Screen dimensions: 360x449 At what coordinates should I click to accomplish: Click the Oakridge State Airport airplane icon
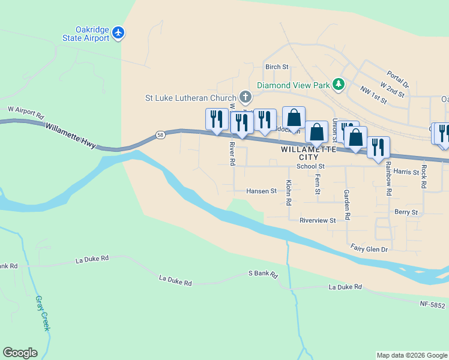point(119,32)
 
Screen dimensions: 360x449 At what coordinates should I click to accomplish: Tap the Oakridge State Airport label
point(86,34)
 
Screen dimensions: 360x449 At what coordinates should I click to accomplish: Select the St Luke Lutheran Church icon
point(245,97)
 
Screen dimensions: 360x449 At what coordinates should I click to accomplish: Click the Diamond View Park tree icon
point(339,85)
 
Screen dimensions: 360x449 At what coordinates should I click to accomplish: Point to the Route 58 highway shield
point(160,135)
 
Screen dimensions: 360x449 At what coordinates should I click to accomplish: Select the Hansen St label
point(261,191)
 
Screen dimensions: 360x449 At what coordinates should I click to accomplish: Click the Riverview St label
point(318,220)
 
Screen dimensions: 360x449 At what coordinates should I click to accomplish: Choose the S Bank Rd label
point(264,274)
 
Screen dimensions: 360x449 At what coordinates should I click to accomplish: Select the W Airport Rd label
point(26,112)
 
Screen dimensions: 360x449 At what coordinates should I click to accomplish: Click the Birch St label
point(277,67)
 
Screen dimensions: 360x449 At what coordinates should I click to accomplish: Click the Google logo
point(20,353)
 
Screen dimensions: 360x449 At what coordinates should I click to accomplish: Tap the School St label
point(310,166)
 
